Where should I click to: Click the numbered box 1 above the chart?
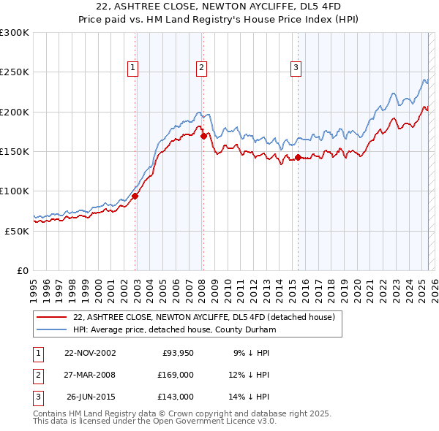(x=133, y=68)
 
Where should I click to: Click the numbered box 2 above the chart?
(x=201, y=68)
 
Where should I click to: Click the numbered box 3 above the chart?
(x=296, y=68)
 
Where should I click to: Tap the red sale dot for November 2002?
(x=135, y=196)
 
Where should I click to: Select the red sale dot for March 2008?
(x=203, y=135)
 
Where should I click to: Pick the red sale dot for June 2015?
(x=298, y=157)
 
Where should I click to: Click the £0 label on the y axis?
(x=22, y=270)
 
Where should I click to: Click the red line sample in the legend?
(x=51, y=318)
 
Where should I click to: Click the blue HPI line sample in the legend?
(x=51, y=330)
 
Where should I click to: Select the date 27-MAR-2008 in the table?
(x=90, y=375)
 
